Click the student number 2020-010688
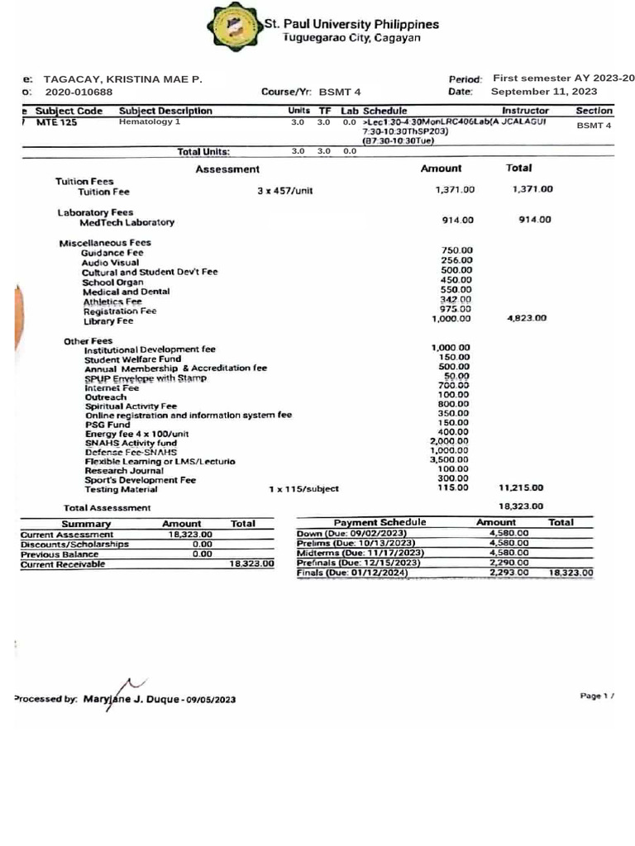[79, 92]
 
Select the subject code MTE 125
[58, 122]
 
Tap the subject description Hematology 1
[149, 122]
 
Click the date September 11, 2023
[544, 92]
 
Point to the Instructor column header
[525, 110]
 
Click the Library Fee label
[107, 321]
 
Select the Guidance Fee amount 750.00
[456, 250]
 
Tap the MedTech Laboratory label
[127, 223]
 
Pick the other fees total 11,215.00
[521, 488]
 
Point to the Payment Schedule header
[380, 522]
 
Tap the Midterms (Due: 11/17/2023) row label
[360, 553]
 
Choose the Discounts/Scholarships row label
[74, 544]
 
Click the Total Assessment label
[107, 507]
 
